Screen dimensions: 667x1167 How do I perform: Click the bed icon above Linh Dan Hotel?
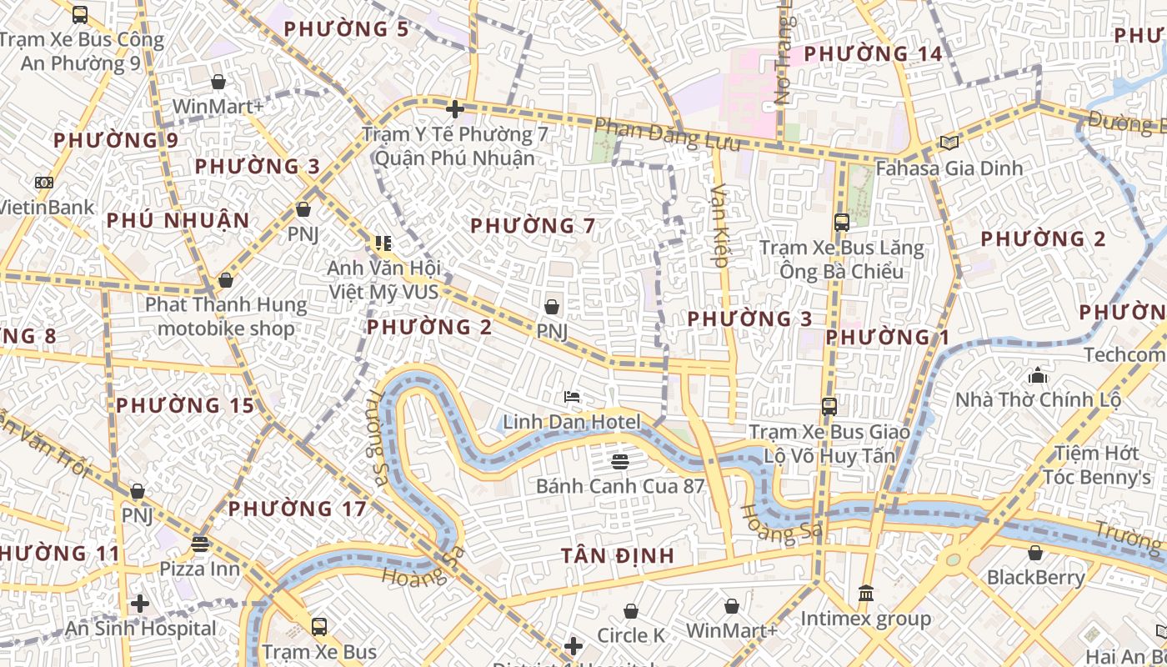pyautogui.click(x=572, y=396)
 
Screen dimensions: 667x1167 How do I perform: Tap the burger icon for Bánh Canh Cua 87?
pyautogui.click(x=619, y=460)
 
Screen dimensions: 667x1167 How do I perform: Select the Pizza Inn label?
pyautogui.click(x=199, y=569)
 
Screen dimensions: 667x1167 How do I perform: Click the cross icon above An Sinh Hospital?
pyautogui.click(x=140, y=603)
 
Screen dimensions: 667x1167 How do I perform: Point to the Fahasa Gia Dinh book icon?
pyautogui.click(x=949, y=143)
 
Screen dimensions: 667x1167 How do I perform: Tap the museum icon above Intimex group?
pyautogui.click(x=866, y=594)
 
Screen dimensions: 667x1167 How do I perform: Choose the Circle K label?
pyautogui.click(x=631, y=635)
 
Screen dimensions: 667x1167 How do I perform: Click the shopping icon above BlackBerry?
pyautogui.click(x=1035, y=553)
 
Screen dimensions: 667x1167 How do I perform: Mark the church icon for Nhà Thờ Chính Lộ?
pyautogui.click(x=1038, y=374)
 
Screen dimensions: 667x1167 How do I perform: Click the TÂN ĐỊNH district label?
pyautogui.click(x=617, y=556)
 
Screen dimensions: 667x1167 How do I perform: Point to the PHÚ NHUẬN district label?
pyautogui.click(x=178, y=220)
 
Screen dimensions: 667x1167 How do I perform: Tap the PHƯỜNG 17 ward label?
pyautogui.click(x=298, y=509)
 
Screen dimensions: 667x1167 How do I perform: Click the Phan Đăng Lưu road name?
pyautogui.click(x=668, y=135)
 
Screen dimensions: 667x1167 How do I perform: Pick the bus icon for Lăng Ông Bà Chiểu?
pyautogui.click(x=841, y=223)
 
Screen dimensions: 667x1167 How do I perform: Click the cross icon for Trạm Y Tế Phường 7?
pyautogui.click(x=454, y=108)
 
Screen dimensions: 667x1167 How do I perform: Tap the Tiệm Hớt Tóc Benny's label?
pyautogui.click(x=1096, y=465)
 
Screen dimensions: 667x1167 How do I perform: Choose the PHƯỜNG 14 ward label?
pyautogui.click(x=873, y=54)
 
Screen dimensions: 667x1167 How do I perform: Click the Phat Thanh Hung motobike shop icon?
pyautogui.click(x=225, y=280)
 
